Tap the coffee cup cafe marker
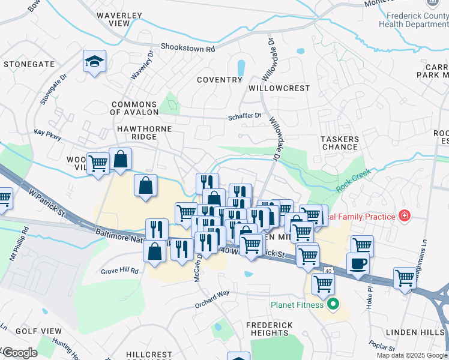pyautogui.click(x=358, y=263)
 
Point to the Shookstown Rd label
pyautogui.click(x=187, y=47)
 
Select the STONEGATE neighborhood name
pyautogui.click(x=29, y=64)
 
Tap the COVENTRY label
pyautogui.click(x=219, y=80)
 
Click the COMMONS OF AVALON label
pyautogui.click(x=134, y=108)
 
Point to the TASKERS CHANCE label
pyautogui.click(x=339, y=143)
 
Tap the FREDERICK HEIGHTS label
pyautogui.click(x=270, y=329)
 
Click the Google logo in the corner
pyautogui.click(x=20, y=353)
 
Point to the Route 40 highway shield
pyautogui.click(x=328, y=271)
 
